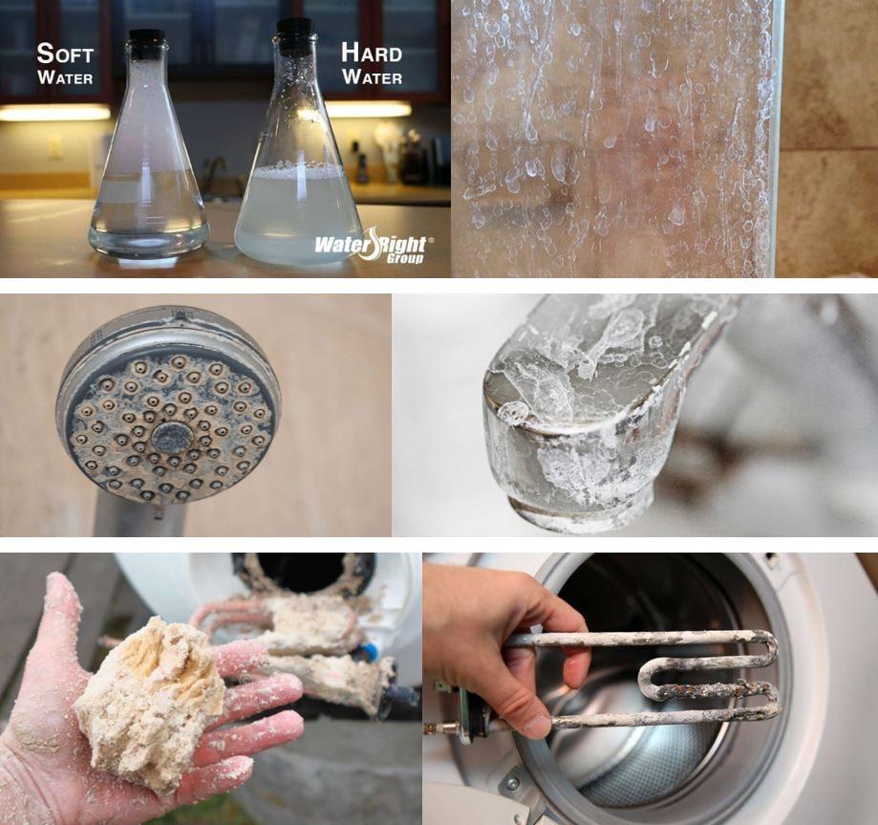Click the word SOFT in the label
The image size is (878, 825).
pos(64,54)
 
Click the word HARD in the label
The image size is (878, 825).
pos(371,54)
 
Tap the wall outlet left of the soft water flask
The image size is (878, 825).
pos(55,146)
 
